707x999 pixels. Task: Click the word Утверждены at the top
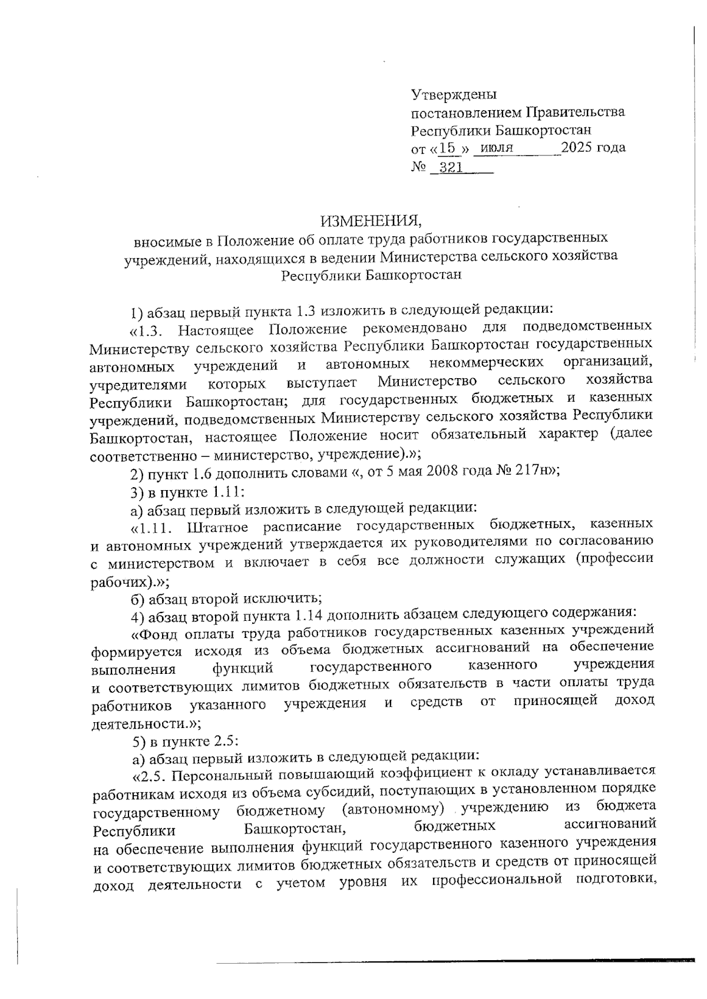pyautogui.click(x=454, y=94)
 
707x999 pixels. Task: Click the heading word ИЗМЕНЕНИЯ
pyautogui.click(x=371, y=221)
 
